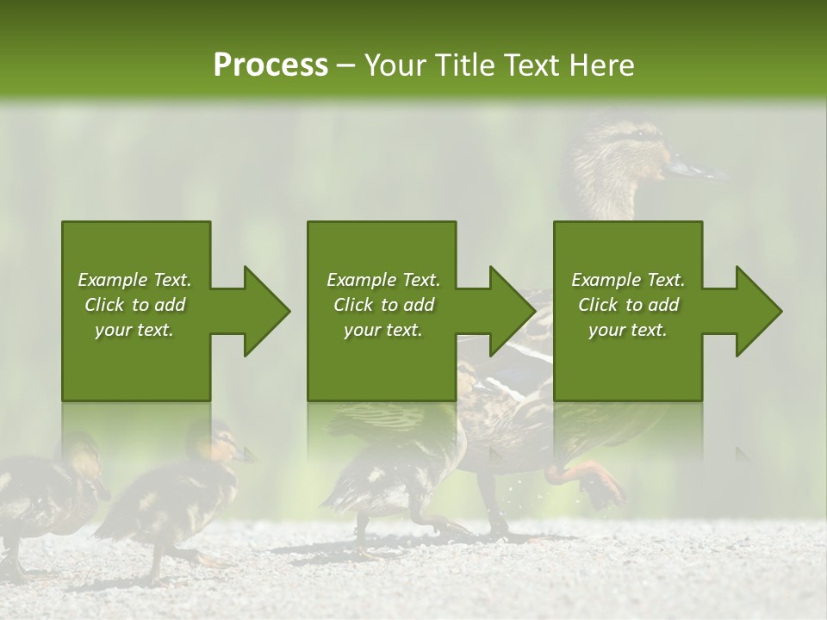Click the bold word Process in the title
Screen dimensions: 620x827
pyautogui.click(x=270, y=65)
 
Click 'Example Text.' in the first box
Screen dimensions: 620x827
pyautogui.click(x=134, y=280)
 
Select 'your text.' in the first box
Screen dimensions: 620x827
pyautogui.click(x=134, y=330)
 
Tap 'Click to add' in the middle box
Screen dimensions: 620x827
pyautogui.click(x=383, y=305)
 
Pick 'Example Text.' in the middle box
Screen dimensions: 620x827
pyautogui.click(x=383, y=280)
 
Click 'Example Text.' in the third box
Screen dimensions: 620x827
pyautogui.click(x=628, y=280)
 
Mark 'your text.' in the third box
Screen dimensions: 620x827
pyautogui.click(x=628, y=330)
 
